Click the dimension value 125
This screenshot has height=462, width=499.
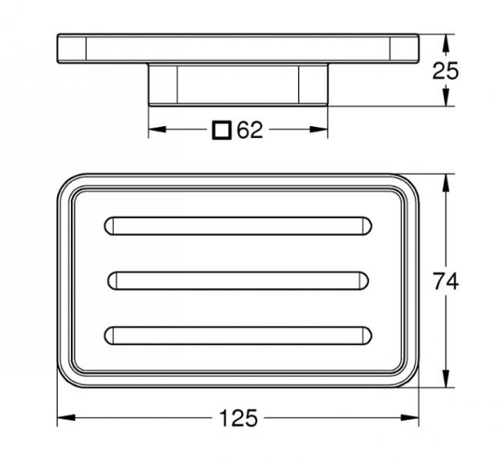(238, 419)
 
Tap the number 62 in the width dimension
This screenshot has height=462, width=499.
(249, 130)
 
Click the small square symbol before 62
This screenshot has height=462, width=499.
(222, 130)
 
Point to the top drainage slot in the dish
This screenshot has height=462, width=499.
(238, 226)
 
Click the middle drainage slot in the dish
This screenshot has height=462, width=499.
(238, 280)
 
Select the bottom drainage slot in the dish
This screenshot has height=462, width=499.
(238, 335)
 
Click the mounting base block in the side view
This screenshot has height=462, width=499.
(238, 84)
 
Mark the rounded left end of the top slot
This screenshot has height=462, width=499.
(109, 226)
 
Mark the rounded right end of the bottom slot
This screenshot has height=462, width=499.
(366, 335)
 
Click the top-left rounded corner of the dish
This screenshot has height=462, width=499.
(68, 185)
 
